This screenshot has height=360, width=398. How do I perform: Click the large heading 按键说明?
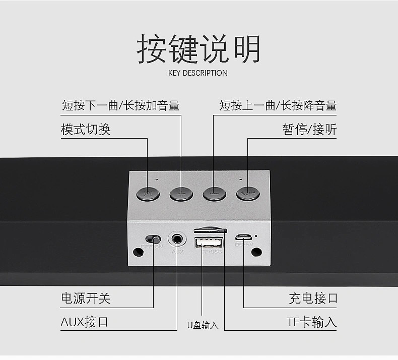click(198, 49)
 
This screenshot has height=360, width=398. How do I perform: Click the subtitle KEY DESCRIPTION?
click(198, 73)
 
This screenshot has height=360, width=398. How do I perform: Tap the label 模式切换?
click(86, 130)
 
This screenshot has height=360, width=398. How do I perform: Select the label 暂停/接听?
click(309, 130)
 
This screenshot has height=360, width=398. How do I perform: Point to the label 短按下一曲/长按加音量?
click(120, 105)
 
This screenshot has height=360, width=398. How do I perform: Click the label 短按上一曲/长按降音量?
click(278, 105)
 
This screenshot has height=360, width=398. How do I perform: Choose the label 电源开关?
click(86, 298)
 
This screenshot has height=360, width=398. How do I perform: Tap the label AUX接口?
click(84, 322)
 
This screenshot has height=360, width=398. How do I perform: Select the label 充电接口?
click(313, 298)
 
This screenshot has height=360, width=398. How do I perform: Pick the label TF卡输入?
click(311, 322)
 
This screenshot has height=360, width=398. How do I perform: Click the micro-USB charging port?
click(244, 236)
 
